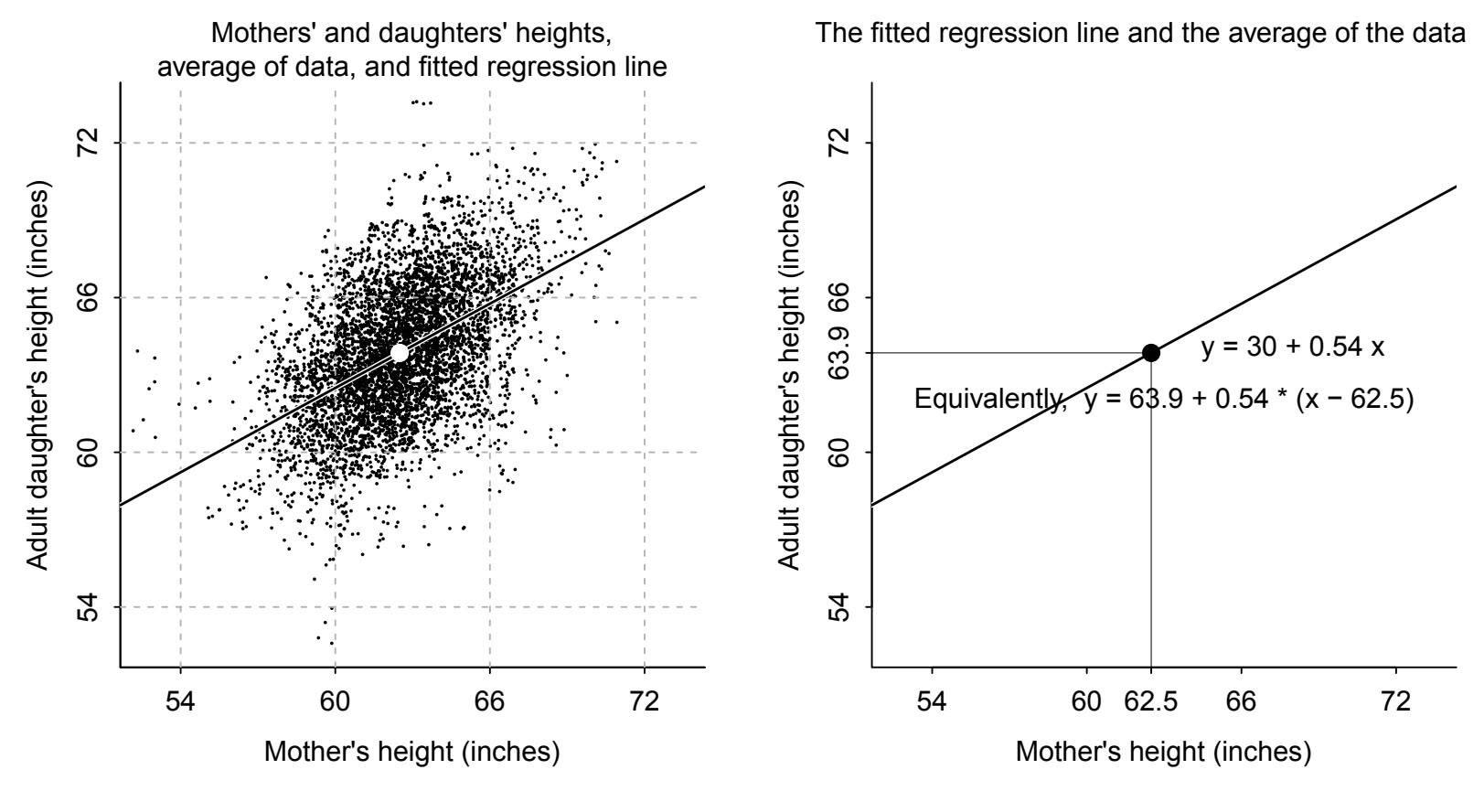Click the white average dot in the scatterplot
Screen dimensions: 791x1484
(400, 352)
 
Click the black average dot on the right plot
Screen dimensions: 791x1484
(1151, 352)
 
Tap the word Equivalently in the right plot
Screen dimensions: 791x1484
(988, 400)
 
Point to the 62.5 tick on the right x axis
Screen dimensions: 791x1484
(1151, 702)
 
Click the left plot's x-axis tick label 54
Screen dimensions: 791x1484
(180, 702)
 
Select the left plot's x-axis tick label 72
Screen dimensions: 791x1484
(645, 702)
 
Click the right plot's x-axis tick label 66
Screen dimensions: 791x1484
(1241, 702)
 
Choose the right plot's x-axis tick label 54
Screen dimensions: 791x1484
(932, 702)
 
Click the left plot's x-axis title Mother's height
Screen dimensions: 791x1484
(411, 752)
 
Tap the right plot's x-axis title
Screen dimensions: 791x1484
(1163, 752)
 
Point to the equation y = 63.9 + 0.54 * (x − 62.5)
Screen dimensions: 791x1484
(1249, 400)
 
